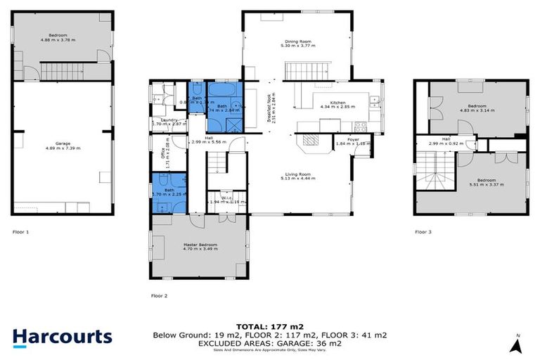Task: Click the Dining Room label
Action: pyautogui.click(x=297, y=42)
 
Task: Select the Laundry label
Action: pyautogui.click(x=169, y=120)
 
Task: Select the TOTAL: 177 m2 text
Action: pyautogui.click(x=269, y=327)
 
